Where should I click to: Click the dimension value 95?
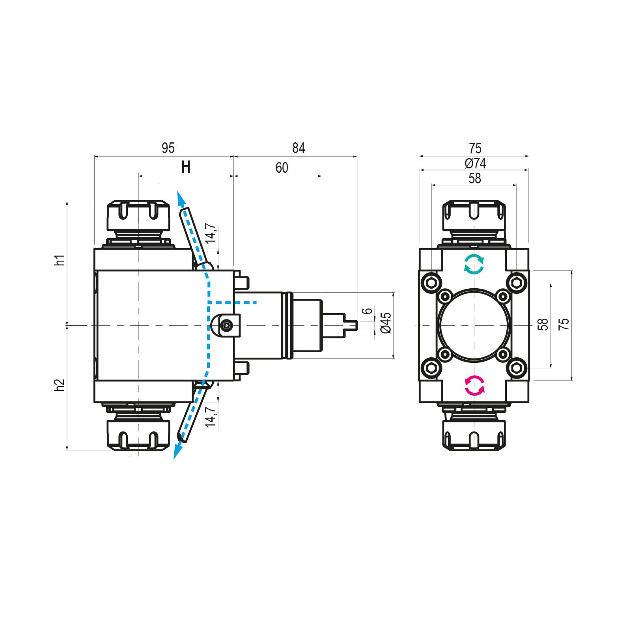168,148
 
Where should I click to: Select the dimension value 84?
299,148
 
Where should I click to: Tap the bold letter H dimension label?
186,168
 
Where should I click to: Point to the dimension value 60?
282,168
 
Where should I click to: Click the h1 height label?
60,260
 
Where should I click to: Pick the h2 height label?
60,385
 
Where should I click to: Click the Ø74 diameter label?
475,163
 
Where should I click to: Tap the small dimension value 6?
367,311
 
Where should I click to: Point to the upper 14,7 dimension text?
211,233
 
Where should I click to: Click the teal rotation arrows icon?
474,264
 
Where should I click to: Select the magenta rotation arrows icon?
474,386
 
